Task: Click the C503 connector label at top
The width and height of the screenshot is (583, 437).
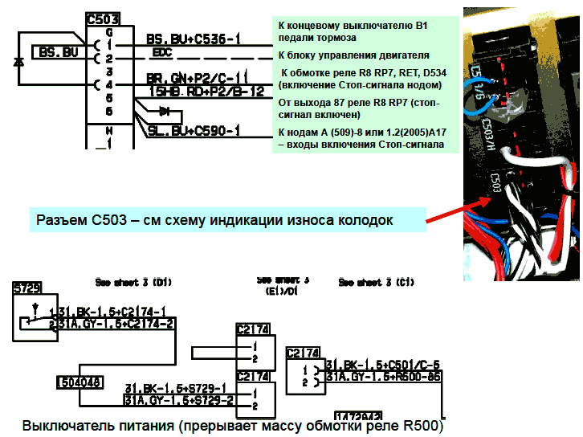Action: (104, 18)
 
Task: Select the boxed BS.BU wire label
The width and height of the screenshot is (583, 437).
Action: (59, 53)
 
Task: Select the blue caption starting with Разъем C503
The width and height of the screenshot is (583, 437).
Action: (214, 218)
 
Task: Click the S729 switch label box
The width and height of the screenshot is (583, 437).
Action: (26, 286)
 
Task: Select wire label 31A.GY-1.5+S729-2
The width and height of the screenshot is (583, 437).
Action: (178, 399)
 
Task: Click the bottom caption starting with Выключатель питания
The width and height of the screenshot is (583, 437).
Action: (232, 425)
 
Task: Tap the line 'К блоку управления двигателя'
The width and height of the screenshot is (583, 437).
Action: (353, 55)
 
